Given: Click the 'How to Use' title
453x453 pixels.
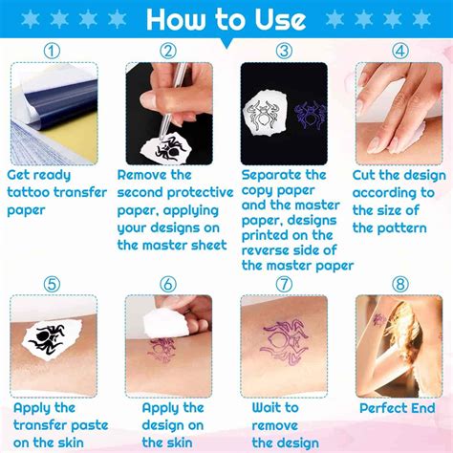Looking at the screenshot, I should (226, 19).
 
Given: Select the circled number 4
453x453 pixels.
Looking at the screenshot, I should (399, 52).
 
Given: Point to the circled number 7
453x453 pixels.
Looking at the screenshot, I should (284, 284).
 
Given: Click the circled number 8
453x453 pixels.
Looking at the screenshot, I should (399, 284).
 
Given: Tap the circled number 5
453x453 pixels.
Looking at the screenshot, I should (53, 284).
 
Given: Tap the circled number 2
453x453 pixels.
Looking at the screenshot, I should (168, 52).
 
